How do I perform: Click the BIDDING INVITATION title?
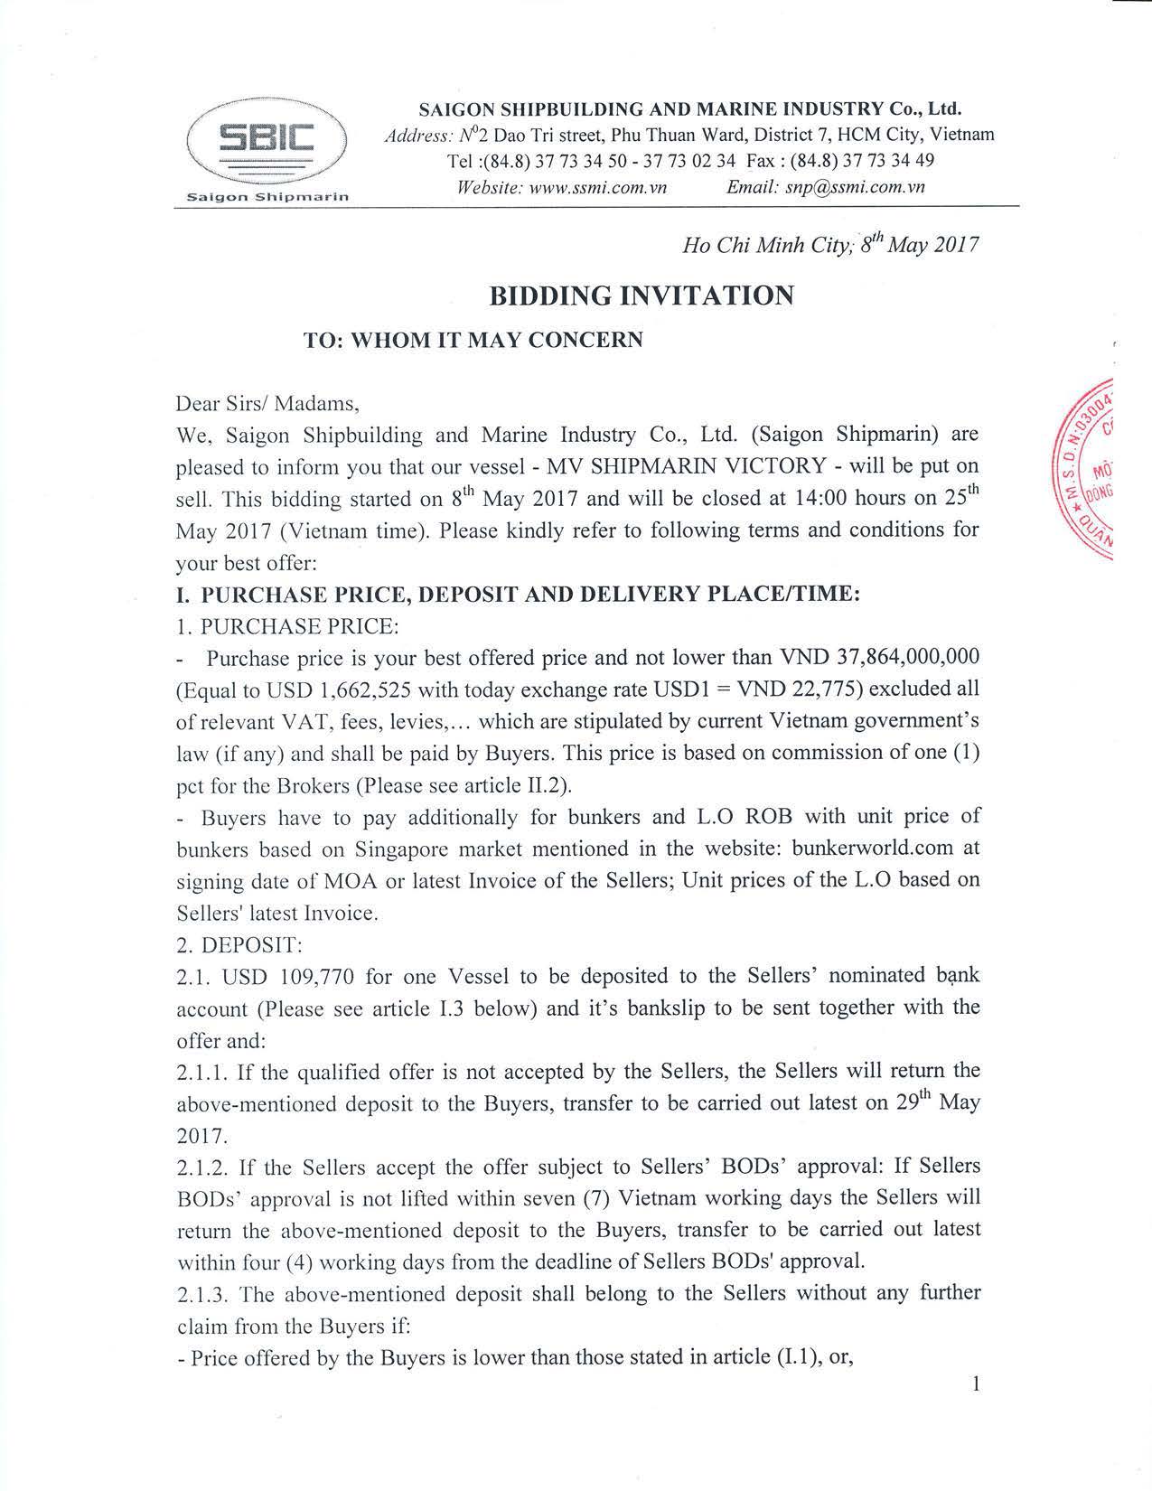[642, 295]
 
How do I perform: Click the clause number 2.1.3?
[203, 1294]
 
